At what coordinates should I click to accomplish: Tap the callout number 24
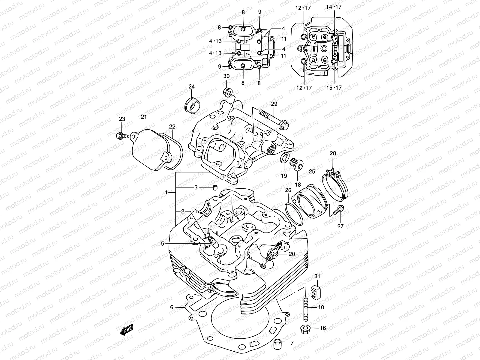pos(191,87)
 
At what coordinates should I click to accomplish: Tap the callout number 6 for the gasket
pos(172,307)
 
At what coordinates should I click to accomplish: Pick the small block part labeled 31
pos(317,291)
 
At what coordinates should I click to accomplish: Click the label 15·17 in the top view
pos(334,88)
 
